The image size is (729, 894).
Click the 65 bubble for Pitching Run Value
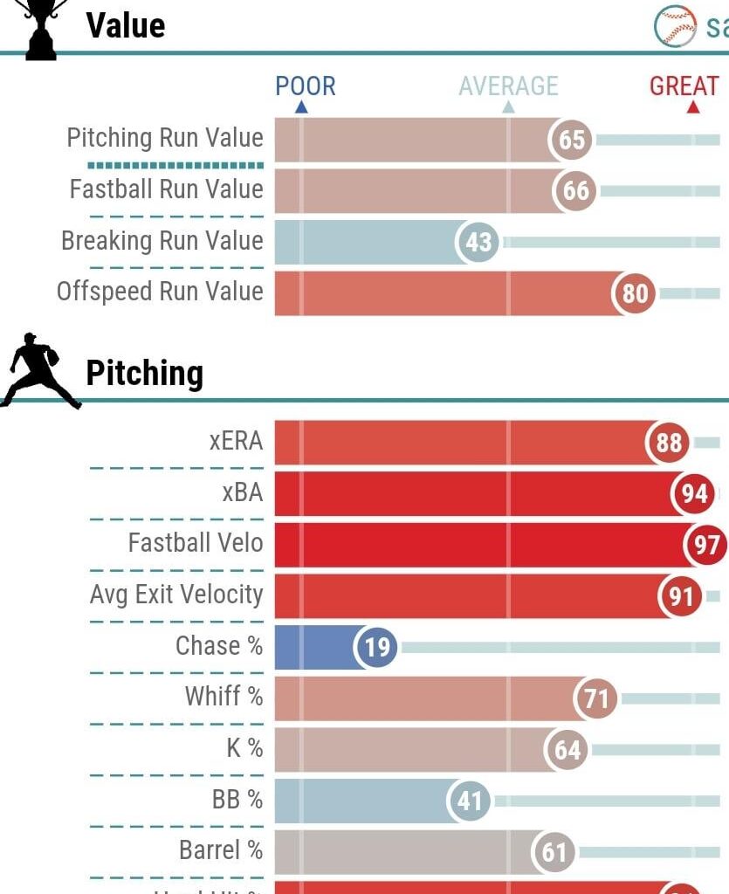(x=571, y=140)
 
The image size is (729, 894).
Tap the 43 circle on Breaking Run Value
(x=478, y=242)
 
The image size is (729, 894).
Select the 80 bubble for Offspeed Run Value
(x=635, y=293)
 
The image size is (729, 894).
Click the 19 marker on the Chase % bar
(x=376, y=648)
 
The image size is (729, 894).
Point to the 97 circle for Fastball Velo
(x=706, y=546)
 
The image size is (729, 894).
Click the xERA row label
(x=236, y=441)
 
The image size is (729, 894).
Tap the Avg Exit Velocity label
(x=176, y=595)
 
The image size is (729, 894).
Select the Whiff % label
(x=224, y=697)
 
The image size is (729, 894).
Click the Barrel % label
(x=221, y=850)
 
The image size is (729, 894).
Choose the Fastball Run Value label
(x=166, y=189)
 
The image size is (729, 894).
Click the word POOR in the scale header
(x=306, y=86)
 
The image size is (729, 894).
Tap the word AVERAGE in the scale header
(x=508, y=86)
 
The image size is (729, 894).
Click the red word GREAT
(x=684, y=86)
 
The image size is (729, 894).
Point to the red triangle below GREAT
(x=693, y=107)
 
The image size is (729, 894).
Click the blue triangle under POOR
(x=301, y=107)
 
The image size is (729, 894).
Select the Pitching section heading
(x=144, y=374)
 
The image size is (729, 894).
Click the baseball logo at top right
(x=675, y=26)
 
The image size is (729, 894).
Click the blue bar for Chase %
(x=314, y=648)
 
